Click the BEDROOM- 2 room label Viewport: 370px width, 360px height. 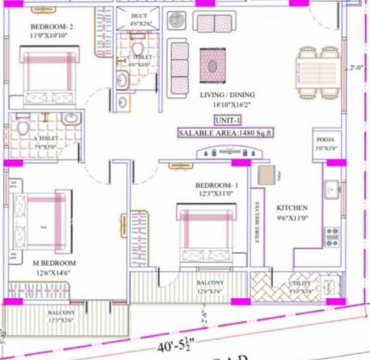click(x=52, y=27)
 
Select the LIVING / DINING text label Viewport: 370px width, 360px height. click(x=228, y=95)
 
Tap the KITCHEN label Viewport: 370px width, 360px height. click(x=292, y=208)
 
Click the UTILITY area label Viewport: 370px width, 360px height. click(x=300, y=284)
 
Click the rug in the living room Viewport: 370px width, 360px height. click(x=213, y=63)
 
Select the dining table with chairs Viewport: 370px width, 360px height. click(x=319, y=72)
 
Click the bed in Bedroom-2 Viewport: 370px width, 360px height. click(x=49, y=76)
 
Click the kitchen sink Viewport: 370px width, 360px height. click(x=332, y=189)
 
